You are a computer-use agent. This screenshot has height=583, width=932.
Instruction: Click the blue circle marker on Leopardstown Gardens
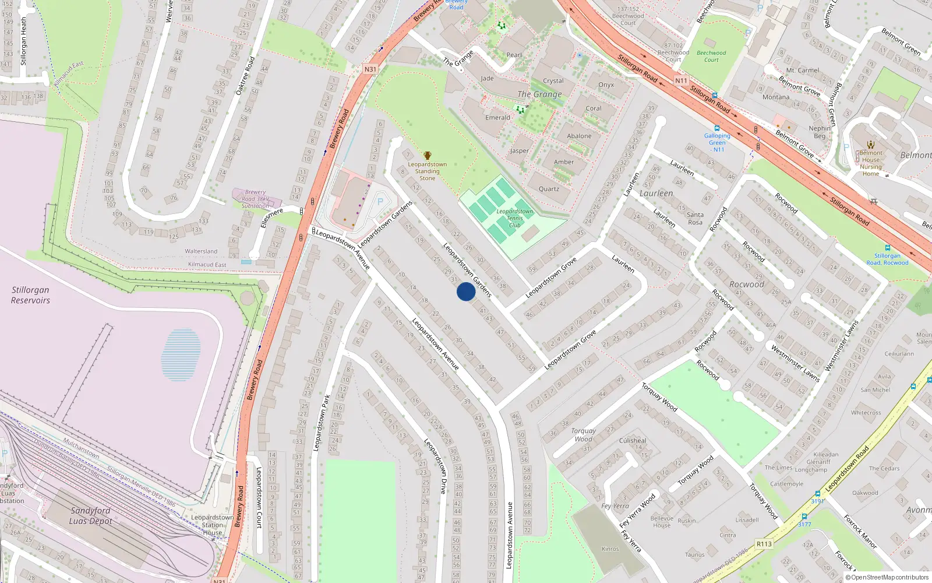[x=466, y=291]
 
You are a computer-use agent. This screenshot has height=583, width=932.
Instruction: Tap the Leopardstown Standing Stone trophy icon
[x=428, y=156]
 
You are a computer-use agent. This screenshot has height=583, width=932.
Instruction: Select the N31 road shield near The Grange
[x=370, y=69]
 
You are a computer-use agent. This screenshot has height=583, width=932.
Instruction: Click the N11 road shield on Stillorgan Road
[x=681, y=80]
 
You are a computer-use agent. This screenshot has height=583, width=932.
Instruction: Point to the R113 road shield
[x=764, y=544]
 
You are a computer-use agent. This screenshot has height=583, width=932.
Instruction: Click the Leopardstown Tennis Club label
[x=514, y=218]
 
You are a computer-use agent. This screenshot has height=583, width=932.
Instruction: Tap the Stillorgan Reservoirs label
[x=30, y=295]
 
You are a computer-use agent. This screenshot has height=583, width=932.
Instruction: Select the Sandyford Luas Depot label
[x=90, y=515]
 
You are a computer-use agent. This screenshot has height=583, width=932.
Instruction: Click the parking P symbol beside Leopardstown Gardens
[x=380, y=202]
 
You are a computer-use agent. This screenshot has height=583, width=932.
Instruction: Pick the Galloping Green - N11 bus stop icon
[x=717, y=128]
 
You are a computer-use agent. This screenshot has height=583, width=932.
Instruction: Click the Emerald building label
[x=497, y=118]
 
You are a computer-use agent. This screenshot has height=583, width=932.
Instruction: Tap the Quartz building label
[x=549, y=189]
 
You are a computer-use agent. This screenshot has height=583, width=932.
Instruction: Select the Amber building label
[x=563, y=162]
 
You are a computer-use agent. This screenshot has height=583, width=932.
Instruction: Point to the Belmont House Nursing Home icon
[x=871, y=145]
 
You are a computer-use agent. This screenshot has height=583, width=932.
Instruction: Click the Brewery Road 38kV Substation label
[x=255, y=199]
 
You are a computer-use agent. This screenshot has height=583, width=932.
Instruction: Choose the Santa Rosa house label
[x=695, y=218]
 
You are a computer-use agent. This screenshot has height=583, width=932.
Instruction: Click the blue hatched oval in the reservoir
[x=181, y=354]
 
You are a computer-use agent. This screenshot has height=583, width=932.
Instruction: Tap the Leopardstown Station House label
[x=213, y=525]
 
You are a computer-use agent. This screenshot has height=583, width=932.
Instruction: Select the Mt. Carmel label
[x=803, y=71]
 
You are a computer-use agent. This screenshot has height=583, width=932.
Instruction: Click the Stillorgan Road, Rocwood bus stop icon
[x=887, y=248]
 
